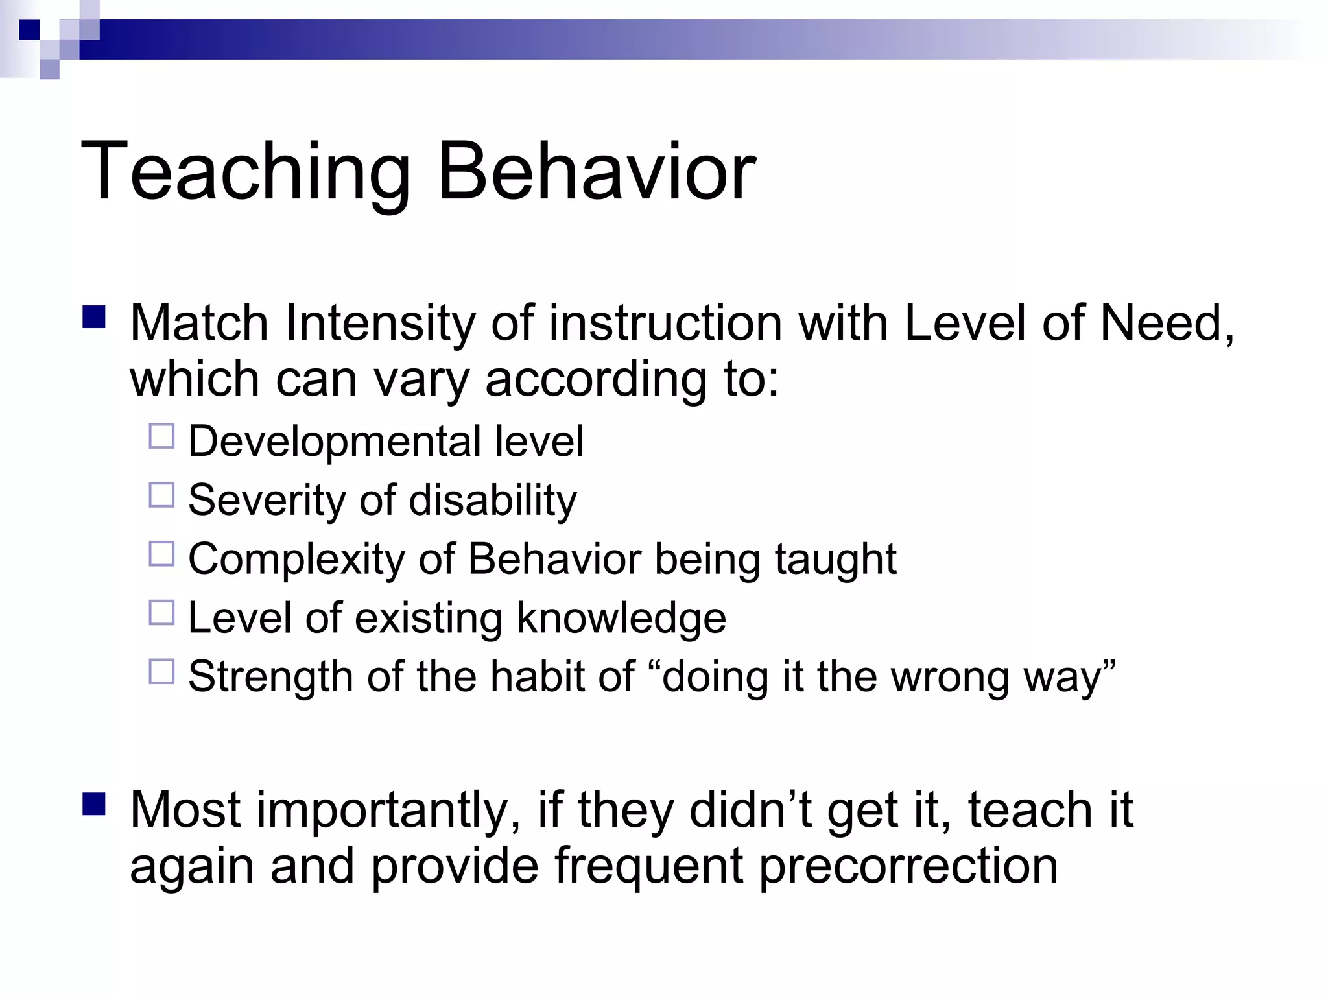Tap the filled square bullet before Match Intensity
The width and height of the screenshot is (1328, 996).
coord(94,317)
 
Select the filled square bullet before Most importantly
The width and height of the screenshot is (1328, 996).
coord(94,804)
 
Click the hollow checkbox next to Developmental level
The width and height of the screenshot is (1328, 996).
coord(161,436)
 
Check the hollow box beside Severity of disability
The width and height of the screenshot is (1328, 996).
coord(161,495)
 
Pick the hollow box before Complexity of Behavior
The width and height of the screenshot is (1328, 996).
coord(161,554)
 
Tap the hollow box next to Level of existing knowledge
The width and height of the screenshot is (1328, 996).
coord(161,612)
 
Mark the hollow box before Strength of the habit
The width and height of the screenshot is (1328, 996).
coord(161,671)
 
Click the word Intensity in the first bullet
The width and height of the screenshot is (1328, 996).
coord(380,324)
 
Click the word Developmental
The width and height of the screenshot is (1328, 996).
coord(334,442)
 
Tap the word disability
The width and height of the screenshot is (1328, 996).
coord(493,501)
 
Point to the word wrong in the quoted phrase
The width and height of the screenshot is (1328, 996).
coord(949,677)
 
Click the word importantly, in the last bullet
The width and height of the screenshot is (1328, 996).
coord(389,811)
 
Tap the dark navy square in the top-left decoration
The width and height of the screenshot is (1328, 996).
coord(29,30)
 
